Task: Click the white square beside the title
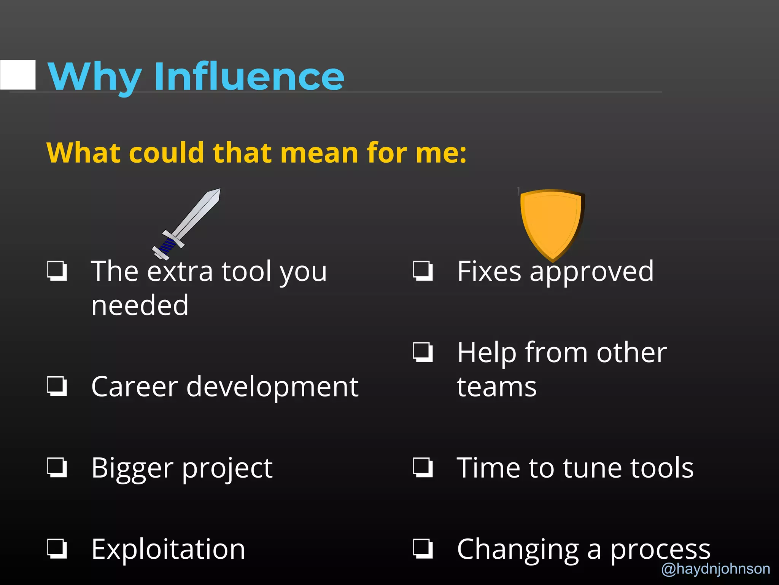[18, 75]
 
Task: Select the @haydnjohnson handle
[716, 569]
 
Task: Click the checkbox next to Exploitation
[57, 548]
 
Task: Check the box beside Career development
[57, 386]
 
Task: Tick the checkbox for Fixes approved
[423, 271]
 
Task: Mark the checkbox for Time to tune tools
[423, 467]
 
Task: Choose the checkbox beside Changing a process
[423, 548]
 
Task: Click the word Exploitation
[168, 549]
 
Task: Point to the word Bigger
[132, 468]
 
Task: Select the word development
[272, 387]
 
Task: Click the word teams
[496, 387]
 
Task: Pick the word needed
[140, 305]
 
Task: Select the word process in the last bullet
[660, 550]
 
